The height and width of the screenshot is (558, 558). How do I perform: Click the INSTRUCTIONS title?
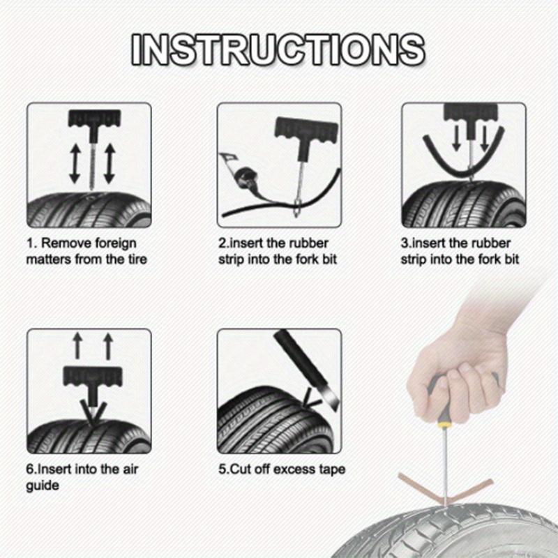278,49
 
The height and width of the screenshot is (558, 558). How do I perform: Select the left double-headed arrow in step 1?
73,165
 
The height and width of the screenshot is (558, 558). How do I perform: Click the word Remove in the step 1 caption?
68,244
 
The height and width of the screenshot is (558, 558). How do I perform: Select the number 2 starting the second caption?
220,244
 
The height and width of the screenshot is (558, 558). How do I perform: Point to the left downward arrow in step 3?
456,139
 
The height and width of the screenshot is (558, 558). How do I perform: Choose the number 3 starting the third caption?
404,244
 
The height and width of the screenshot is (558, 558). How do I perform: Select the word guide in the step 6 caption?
43,485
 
